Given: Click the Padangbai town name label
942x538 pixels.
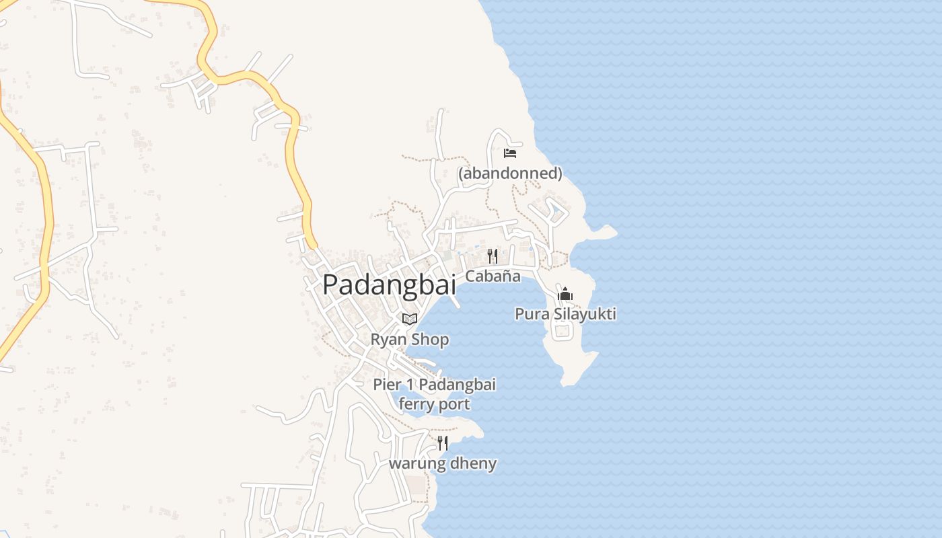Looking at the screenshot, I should tap(389, 284).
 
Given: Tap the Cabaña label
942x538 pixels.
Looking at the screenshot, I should tap(493, 276).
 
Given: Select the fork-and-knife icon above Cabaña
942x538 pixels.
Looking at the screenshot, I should tap(493, 256).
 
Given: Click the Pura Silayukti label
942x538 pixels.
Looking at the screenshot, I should tap(565, 314).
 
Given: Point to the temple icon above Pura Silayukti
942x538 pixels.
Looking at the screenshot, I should tap(565, 295).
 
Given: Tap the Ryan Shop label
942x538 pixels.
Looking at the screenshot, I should tap(409, 340).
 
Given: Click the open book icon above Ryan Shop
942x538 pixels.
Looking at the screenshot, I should tap(409, 319).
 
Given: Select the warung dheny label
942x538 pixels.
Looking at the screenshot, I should tap(443, 463).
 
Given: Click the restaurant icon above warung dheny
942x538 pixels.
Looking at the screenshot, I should tap(443, 443).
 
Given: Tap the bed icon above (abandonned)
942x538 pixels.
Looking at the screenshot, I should tap(510, 153).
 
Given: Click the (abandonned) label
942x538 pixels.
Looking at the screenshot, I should tap(510, 174).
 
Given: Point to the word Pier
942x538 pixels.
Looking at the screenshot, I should tap(388, 385).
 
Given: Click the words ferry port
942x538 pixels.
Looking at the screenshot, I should tap(434, 404).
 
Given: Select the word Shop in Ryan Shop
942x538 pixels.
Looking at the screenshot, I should tap(430, 340).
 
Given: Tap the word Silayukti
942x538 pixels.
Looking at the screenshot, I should tap(582, 314).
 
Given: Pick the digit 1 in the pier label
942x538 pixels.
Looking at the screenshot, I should tap(408, 385).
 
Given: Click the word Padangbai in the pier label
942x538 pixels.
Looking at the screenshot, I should tap(457, 385).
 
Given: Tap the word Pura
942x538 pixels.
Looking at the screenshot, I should tap(530, 314).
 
